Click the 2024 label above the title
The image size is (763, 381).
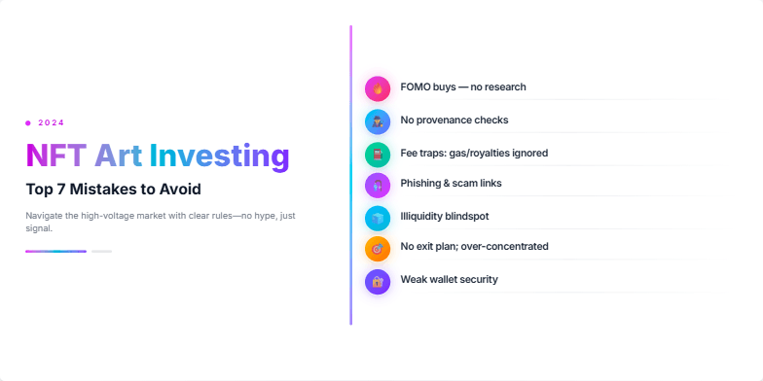52,122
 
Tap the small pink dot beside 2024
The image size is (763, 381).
28,122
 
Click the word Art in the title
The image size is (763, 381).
120,156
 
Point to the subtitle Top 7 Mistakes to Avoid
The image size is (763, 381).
113,190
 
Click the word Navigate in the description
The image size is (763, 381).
44,214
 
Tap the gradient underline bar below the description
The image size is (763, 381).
55,251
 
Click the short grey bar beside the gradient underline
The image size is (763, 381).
101,251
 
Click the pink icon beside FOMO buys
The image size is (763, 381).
378,88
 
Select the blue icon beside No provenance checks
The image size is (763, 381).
378,121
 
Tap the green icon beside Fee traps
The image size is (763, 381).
378,154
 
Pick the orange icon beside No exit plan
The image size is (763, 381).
378,249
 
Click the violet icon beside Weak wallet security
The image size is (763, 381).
378,281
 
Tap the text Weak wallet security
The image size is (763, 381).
449,280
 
